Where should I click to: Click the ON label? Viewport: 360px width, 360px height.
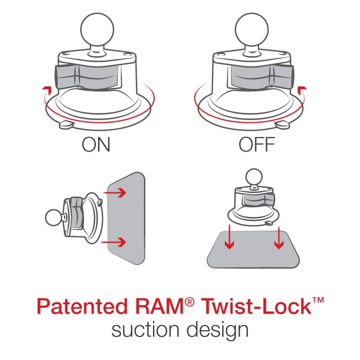96,145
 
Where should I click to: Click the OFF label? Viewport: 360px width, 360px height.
257,145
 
